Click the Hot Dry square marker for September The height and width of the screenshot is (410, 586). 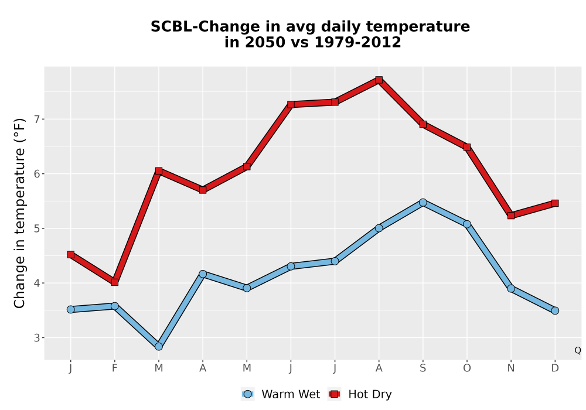point(423,124)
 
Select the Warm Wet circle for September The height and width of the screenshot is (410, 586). point(423,203)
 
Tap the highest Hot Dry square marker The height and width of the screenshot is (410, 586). point(379,80)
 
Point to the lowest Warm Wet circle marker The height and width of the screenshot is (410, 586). point(158,347)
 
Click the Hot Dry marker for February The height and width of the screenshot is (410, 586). point(115,282)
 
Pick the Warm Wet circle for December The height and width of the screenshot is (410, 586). point(555,310)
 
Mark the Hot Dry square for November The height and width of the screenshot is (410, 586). point(511,216)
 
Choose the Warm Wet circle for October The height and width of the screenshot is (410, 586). point(467,224)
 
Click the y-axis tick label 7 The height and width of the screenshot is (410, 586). point(36,119)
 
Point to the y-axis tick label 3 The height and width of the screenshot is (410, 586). point(36,337)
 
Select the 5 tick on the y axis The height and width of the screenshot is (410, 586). point(36,228)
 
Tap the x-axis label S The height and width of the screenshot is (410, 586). point(423,368)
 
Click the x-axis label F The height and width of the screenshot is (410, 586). point(115,368)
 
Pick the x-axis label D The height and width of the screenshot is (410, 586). point(555,368)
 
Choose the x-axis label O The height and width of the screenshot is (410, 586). point(467,368)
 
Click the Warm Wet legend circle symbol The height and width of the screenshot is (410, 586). point(247,394)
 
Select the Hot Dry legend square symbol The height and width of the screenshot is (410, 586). point(334,394)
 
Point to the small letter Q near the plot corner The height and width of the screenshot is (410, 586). point(578,350)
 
